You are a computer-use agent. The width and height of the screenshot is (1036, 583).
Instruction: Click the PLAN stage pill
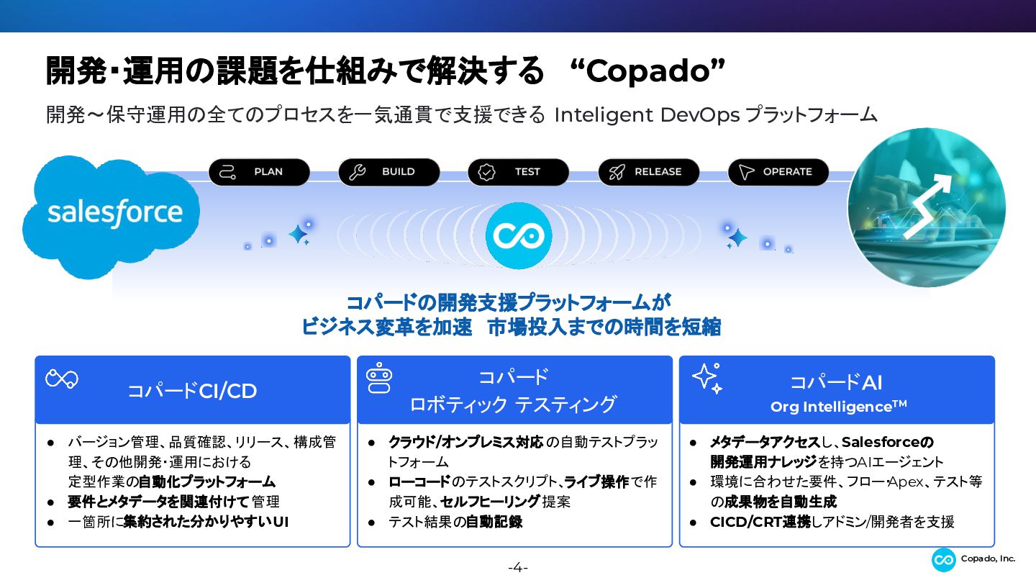point(259,172)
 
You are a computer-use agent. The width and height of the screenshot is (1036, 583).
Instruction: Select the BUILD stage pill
point(389,172)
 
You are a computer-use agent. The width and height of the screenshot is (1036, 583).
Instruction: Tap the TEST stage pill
point(519,172)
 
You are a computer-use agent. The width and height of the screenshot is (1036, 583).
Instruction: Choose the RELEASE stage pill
point(648,172)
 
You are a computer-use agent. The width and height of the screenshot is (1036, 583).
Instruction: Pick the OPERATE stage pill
point(778,172)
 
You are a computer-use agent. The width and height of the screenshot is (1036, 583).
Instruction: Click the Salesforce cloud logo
point(111,217)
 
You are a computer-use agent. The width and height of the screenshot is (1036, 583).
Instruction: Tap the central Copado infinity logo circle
point(519,235)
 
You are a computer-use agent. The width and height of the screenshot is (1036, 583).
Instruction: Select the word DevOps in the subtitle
point(700,115)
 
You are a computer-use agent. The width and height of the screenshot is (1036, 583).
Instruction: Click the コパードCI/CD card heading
point(192,391)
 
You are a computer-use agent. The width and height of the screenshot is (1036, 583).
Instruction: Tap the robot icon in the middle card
point(378,378)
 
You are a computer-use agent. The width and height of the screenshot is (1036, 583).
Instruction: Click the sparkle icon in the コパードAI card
point(707,379)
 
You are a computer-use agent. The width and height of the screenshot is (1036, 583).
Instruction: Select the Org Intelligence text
point(839,407)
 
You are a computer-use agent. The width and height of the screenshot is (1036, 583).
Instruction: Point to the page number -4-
point(518,567)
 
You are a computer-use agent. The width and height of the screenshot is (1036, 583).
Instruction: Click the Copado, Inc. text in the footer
point(988,559)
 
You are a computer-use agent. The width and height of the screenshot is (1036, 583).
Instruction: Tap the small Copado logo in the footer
point(943,560)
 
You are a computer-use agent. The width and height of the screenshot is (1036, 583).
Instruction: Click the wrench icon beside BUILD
point(357,172)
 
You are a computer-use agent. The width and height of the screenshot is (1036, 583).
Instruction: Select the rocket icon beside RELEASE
point(617,172)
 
